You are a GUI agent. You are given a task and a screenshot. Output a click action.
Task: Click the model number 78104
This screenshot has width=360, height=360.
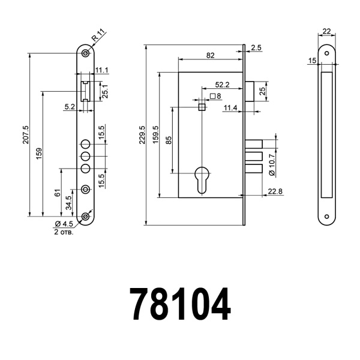[180, 304]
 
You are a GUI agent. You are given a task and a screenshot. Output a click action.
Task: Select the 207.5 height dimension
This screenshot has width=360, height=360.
[25, 136]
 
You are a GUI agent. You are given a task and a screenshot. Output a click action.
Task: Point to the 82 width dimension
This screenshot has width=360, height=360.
[210, 55]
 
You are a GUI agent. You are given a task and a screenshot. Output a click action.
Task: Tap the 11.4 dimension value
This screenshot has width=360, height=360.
[230, 108]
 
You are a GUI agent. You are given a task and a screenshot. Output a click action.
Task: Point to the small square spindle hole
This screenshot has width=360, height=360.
[202, 107]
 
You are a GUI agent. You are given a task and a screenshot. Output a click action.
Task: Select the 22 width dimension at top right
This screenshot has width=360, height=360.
[326, 31]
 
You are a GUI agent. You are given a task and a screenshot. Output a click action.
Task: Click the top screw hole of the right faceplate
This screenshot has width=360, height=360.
[326, 53]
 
